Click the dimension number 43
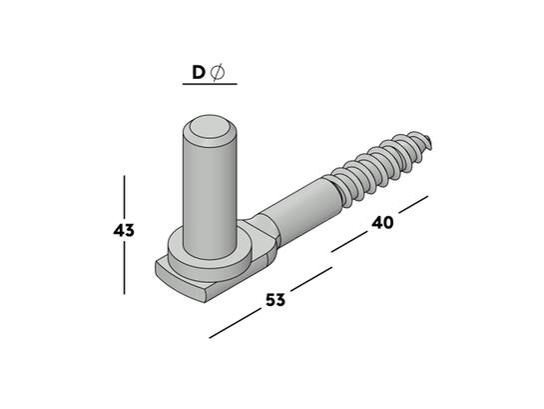pos(124,230)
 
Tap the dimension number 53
pos(275,300)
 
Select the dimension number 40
pos(382,223)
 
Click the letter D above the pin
pos(199,73)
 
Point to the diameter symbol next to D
pos(218,73)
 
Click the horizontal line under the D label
pos(210,84)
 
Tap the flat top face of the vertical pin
pos(210,127)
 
